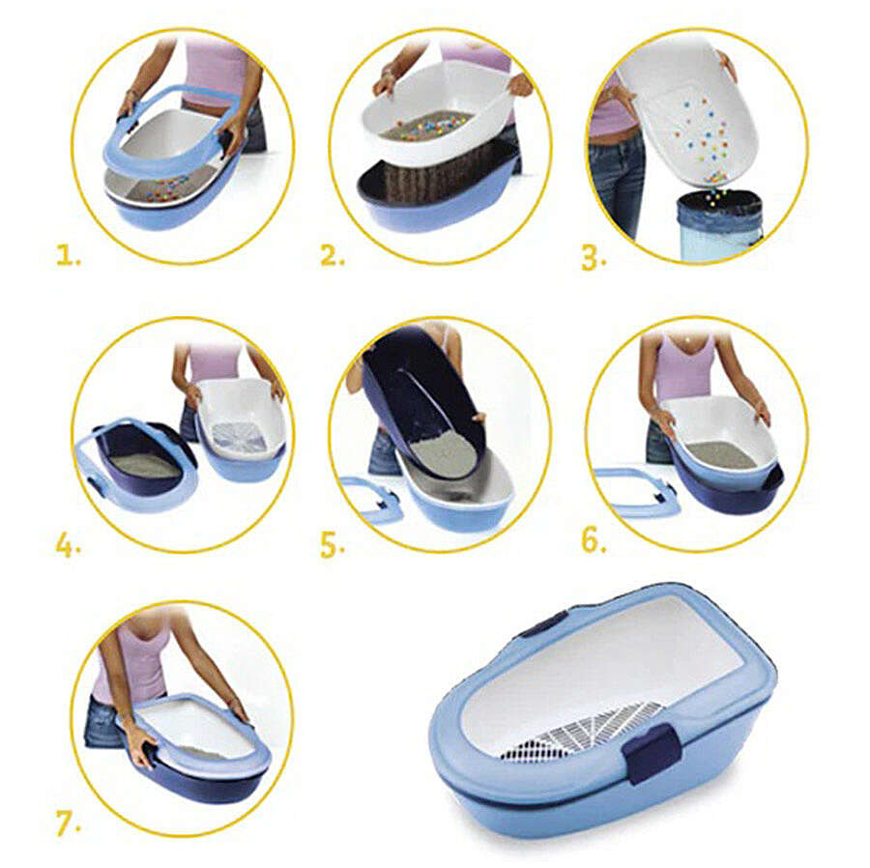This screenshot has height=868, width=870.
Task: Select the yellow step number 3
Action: point(594,258)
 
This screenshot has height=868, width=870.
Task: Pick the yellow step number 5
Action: point(333,545)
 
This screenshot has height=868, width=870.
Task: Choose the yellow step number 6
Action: point(594,540)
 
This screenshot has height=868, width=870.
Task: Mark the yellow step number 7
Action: point(69,823)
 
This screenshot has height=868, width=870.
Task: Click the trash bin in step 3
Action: point(719,224)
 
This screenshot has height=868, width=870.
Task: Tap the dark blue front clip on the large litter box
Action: point(651,754)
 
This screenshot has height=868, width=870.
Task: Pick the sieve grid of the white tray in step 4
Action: point(239,434)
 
